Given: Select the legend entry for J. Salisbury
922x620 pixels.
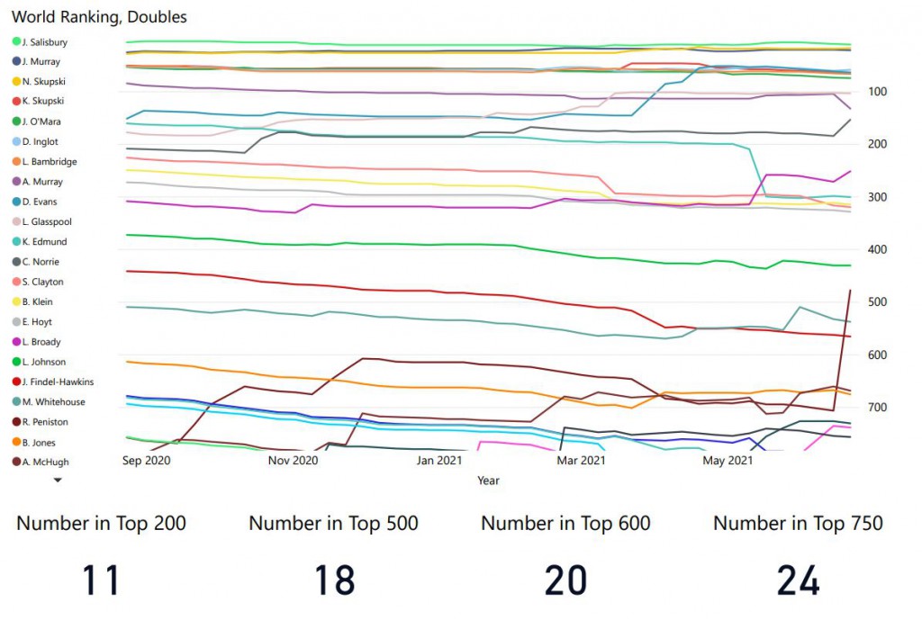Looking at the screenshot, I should pyautogui.click(x=44, y=42).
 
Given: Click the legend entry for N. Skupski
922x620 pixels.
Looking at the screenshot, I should pyautogui.click(x=43, y=82).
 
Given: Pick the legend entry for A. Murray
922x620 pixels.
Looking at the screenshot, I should pyautogui.click(x=41, y=182).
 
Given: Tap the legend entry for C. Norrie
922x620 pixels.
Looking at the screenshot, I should pyautogui.click(x=41, y=262).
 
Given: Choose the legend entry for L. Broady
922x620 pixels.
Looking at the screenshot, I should pyautogui.click(x=41, y=342).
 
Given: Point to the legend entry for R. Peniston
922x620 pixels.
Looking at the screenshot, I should pyautogui.click(x=44, y=422).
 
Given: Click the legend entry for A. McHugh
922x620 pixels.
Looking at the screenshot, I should pyautogui.click(x=44, y=463).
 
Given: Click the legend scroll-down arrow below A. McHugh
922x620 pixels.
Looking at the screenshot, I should pyautogui.click(x=59, y=481).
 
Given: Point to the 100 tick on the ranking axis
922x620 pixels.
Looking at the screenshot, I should pyautogui.click(x=876, y=92).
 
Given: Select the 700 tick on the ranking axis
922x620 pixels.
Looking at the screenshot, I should pyautogui.click(x=876, y=408).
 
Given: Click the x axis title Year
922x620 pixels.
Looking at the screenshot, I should pyautogui.click(x=488, y=481).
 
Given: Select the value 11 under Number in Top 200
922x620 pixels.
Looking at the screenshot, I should pyautogui.click(x=101, y=580).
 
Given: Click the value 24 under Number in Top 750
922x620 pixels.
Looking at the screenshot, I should pyautogui.click(x=798, y=580).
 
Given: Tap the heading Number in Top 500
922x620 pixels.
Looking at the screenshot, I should pyautogui.click(x=333, y=523).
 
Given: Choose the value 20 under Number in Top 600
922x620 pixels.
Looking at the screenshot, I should pyautogui.click(x=565, y=580).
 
